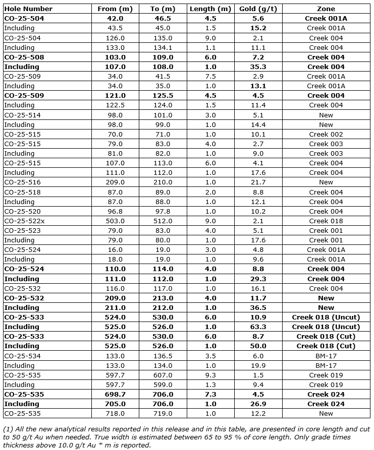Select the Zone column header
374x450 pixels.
pyautogui.click(x=326, y=9)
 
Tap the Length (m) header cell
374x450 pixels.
pyautogui.click(x=210, y=9)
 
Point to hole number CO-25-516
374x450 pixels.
pyautogui.click(x=23, y=182)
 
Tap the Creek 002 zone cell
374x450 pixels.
pyautogui.click(x=326, y=134)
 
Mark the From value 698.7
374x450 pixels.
pyautogui.click(x=115, y=394)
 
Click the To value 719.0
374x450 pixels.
pyautogui.click(x=162, y=414)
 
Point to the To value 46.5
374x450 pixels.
pyautogui.click(x=162, y=18)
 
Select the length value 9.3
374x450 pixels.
pyautogui.click(x=210, y=375)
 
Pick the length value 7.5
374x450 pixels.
pyautogui.click(x=210, y=76)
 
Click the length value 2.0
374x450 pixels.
pyautogui.click(x=210, y=192)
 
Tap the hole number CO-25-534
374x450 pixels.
pyautogui.click(x=23, y=356)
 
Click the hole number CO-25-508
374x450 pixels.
pyautogui.click(x=24, y=57)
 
